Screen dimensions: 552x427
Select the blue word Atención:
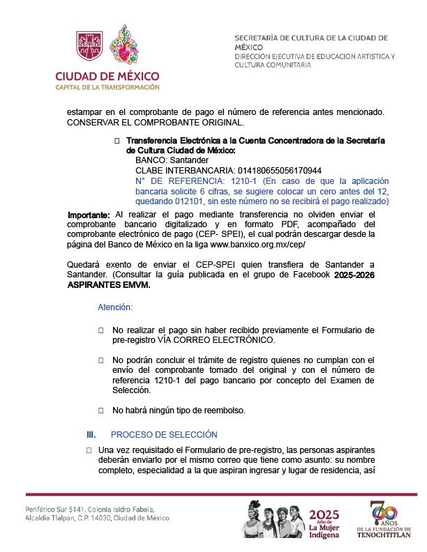click(115, 307)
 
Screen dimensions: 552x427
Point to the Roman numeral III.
click(91, 435)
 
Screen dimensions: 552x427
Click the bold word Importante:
click(89, 214)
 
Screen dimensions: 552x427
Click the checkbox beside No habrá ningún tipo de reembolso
click(101, 411)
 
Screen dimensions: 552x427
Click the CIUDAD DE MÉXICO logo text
click(107, 75)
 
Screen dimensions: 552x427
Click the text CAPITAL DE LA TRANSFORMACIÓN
click(107, 87)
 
